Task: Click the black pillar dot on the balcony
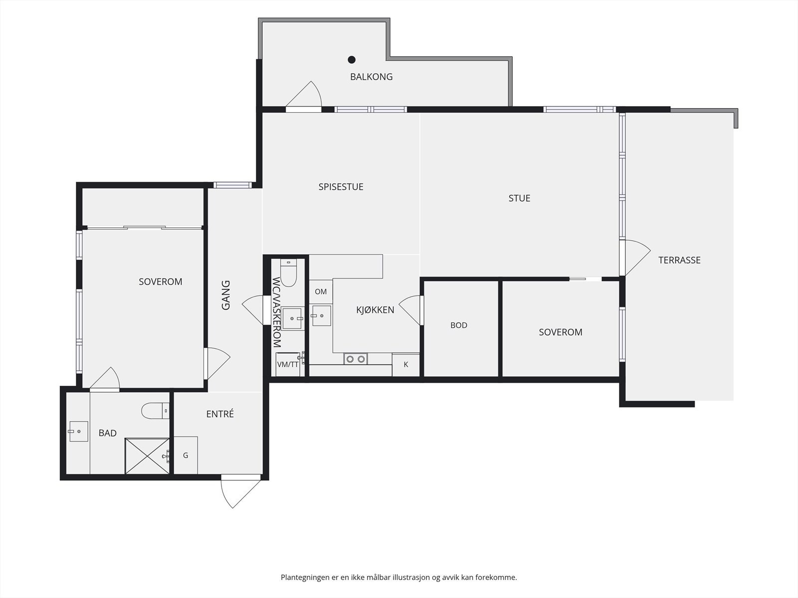point(352,59)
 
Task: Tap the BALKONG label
point(371,77)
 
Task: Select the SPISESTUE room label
point(341,186)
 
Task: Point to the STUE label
point(519,198)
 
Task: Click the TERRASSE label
point(679,260)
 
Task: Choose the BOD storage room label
point(459,325)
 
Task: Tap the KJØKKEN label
point(375,309)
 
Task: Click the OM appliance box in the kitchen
point(321,292)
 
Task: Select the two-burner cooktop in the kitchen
point(356,359)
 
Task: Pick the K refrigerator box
point(405,365)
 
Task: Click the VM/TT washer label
point(288,365)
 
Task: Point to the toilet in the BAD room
point(155,411)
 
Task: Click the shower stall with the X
point(147,456)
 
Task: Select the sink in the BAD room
point(78,432)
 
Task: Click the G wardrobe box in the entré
point(186,455)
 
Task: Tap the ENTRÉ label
point(220,414)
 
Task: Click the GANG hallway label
point(226,295)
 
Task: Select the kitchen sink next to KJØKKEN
point(321,315)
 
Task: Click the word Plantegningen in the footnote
point(305,578)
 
